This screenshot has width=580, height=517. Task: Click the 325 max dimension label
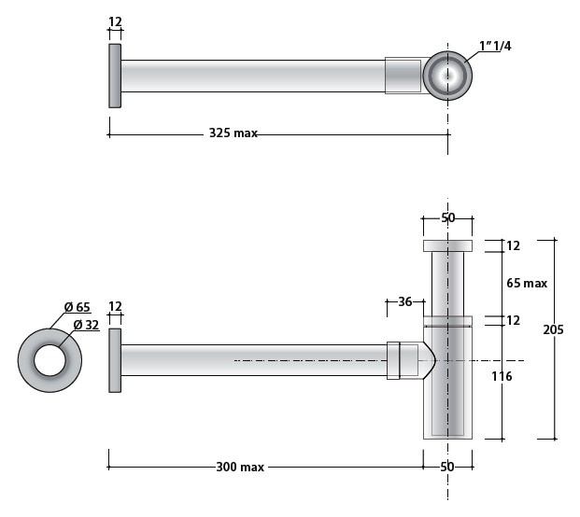pyautogui.click(x=233, y=134)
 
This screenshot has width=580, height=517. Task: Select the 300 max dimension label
pyautogui.click(x=239, y=467)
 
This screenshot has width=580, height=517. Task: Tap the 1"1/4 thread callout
pyautogui.click(x=495, y=46)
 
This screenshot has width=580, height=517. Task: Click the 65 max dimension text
pyautogui.click(x=527, y=283)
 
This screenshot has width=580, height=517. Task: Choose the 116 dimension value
pyautogui.click(x=501, y=377)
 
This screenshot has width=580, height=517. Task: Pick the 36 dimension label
pyautogui.click(x=405, y=301)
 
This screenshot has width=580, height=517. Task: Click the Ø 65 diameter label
pyautogui.click(x=77, y=307)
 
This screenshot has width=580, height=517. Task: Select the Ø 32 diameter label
pyautogui.click(x=87, y=325)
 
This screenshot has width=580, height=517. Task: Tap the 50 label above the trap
pyautogui.click(x=447, y=218)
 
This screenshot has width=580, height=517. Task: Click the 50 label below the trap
pyautogui.click(x=447, y=467)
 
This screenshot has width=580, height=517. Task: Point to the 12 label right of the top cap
pyautogui.click(x=513, y=246)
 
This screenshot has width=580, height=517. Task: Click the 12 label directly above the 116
pyautogui.click(x=513, y=321)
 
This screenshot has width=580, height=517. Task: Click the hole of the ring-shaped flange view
pyautogui.click(x=50, y=360)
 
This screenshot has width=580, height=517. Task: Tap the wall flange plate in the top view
pyautogui.click(x=115, y=76)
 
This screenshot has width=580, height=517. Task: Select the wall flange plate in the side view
pyautogui.click(x=115, y=360)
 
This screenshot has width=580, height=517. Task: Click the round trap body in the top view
pyautogui.click(x=448, y=75)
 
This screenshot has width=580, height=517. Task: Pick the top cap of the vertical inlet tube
pyautogui.click(x=447, y=246)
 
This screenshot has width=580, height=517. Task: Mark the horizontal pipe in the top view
pyautogui.click(x=252, y=76)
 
